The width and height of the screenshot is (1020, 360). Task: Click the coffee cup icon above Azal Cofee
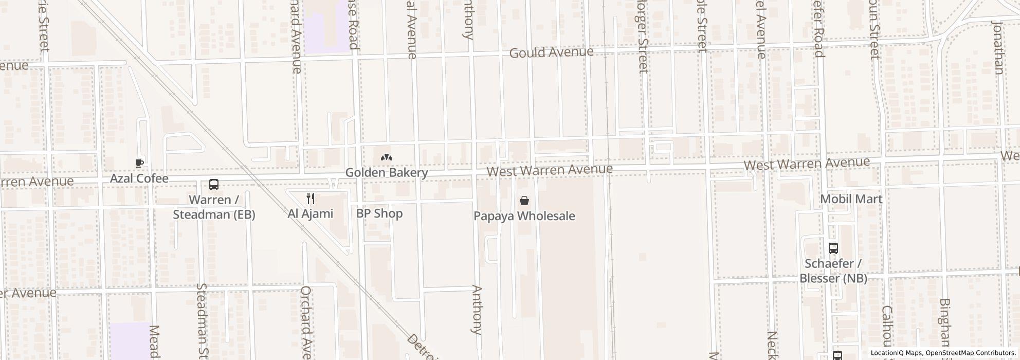[x=139, y=164]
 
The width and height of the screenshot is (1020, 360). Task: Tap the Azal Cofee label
[x=139, y=178]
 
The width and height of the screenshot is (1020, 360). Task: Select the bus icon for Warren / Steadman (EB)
[x=214, y=185]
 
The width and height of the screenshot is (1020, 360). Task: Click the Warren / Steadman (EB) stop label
[x=214, y=207]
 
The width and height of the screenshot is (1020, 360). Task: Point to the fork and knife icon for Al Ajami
[x=311, y=199]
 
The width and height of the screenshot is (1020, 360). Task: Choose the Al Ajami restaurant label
[x=311, y=213]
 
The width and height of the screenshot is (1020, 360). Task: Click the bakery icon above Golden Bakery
[x=386, y=157]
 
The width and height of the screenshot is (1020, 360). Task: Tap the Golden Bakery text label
[x=386, y=172]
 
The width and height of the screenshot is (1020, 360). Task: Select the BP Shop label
[x=379, y=213]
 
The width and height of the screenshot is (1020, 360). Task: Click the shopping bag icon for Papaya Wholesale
[x=524, y=201]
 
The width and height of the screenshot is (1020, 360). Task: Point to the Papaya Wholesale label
[x=524, y=216]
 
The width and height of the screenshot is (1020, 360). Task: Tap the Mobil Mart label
[x=851, y=199]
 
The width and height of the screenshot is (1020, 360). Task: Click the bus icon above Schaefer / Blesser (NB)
[x=833, y=248]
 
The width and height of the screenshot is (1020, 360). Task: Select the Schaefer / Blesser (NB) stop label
[x=833, y=271]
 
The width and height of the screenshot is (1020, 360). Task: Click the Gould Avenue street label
[x=551, y=52]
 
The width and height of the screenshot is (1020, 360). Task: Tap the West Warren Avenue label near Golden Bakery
[x=550, y=170]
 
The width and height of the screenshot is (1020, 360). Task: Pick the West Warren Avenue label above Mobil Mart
[x=807, y=164]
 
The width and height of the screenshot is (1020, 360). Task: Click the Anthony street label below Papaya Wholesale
[x=477, y=310]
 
